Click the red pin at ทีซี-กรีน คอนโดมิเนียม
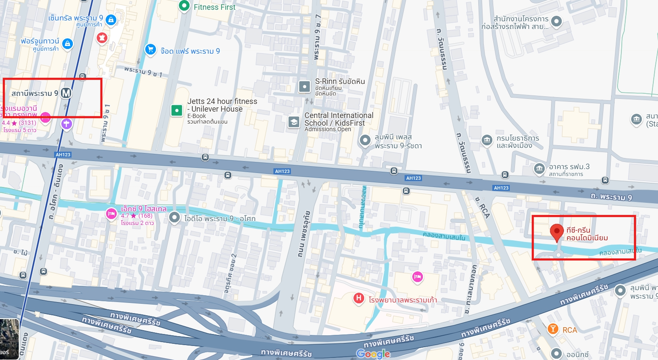tap(557, 232)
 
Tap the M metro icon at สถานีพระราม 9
tap(66, 93)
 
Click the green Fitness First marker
tap(184, 6)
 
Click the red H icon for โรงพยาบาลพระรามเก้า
tap(359, 298)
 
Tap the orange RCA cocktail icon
tap(553, 329)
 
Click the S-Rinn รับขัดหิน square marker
tap(305, 86)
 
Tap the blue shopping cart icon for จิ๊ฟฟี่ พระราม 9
tap(150, 49)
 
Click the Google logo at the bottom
tap(373, 354)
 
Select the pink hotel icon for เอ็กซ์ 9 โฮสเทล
tap(111, 214)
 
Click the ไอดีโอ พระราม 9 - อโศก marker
tap(174, 218)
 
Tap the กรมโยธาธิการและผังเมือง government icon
tap(487, 140)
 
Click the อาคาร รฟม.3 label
tap(569, 167)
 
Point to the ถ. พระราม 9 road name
tap(611, 196)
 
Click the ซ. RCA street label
tap(483, 207)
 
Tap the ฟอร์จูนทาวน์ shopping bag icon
tap(67, 43)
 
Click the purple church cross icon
tap(66, 124)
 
